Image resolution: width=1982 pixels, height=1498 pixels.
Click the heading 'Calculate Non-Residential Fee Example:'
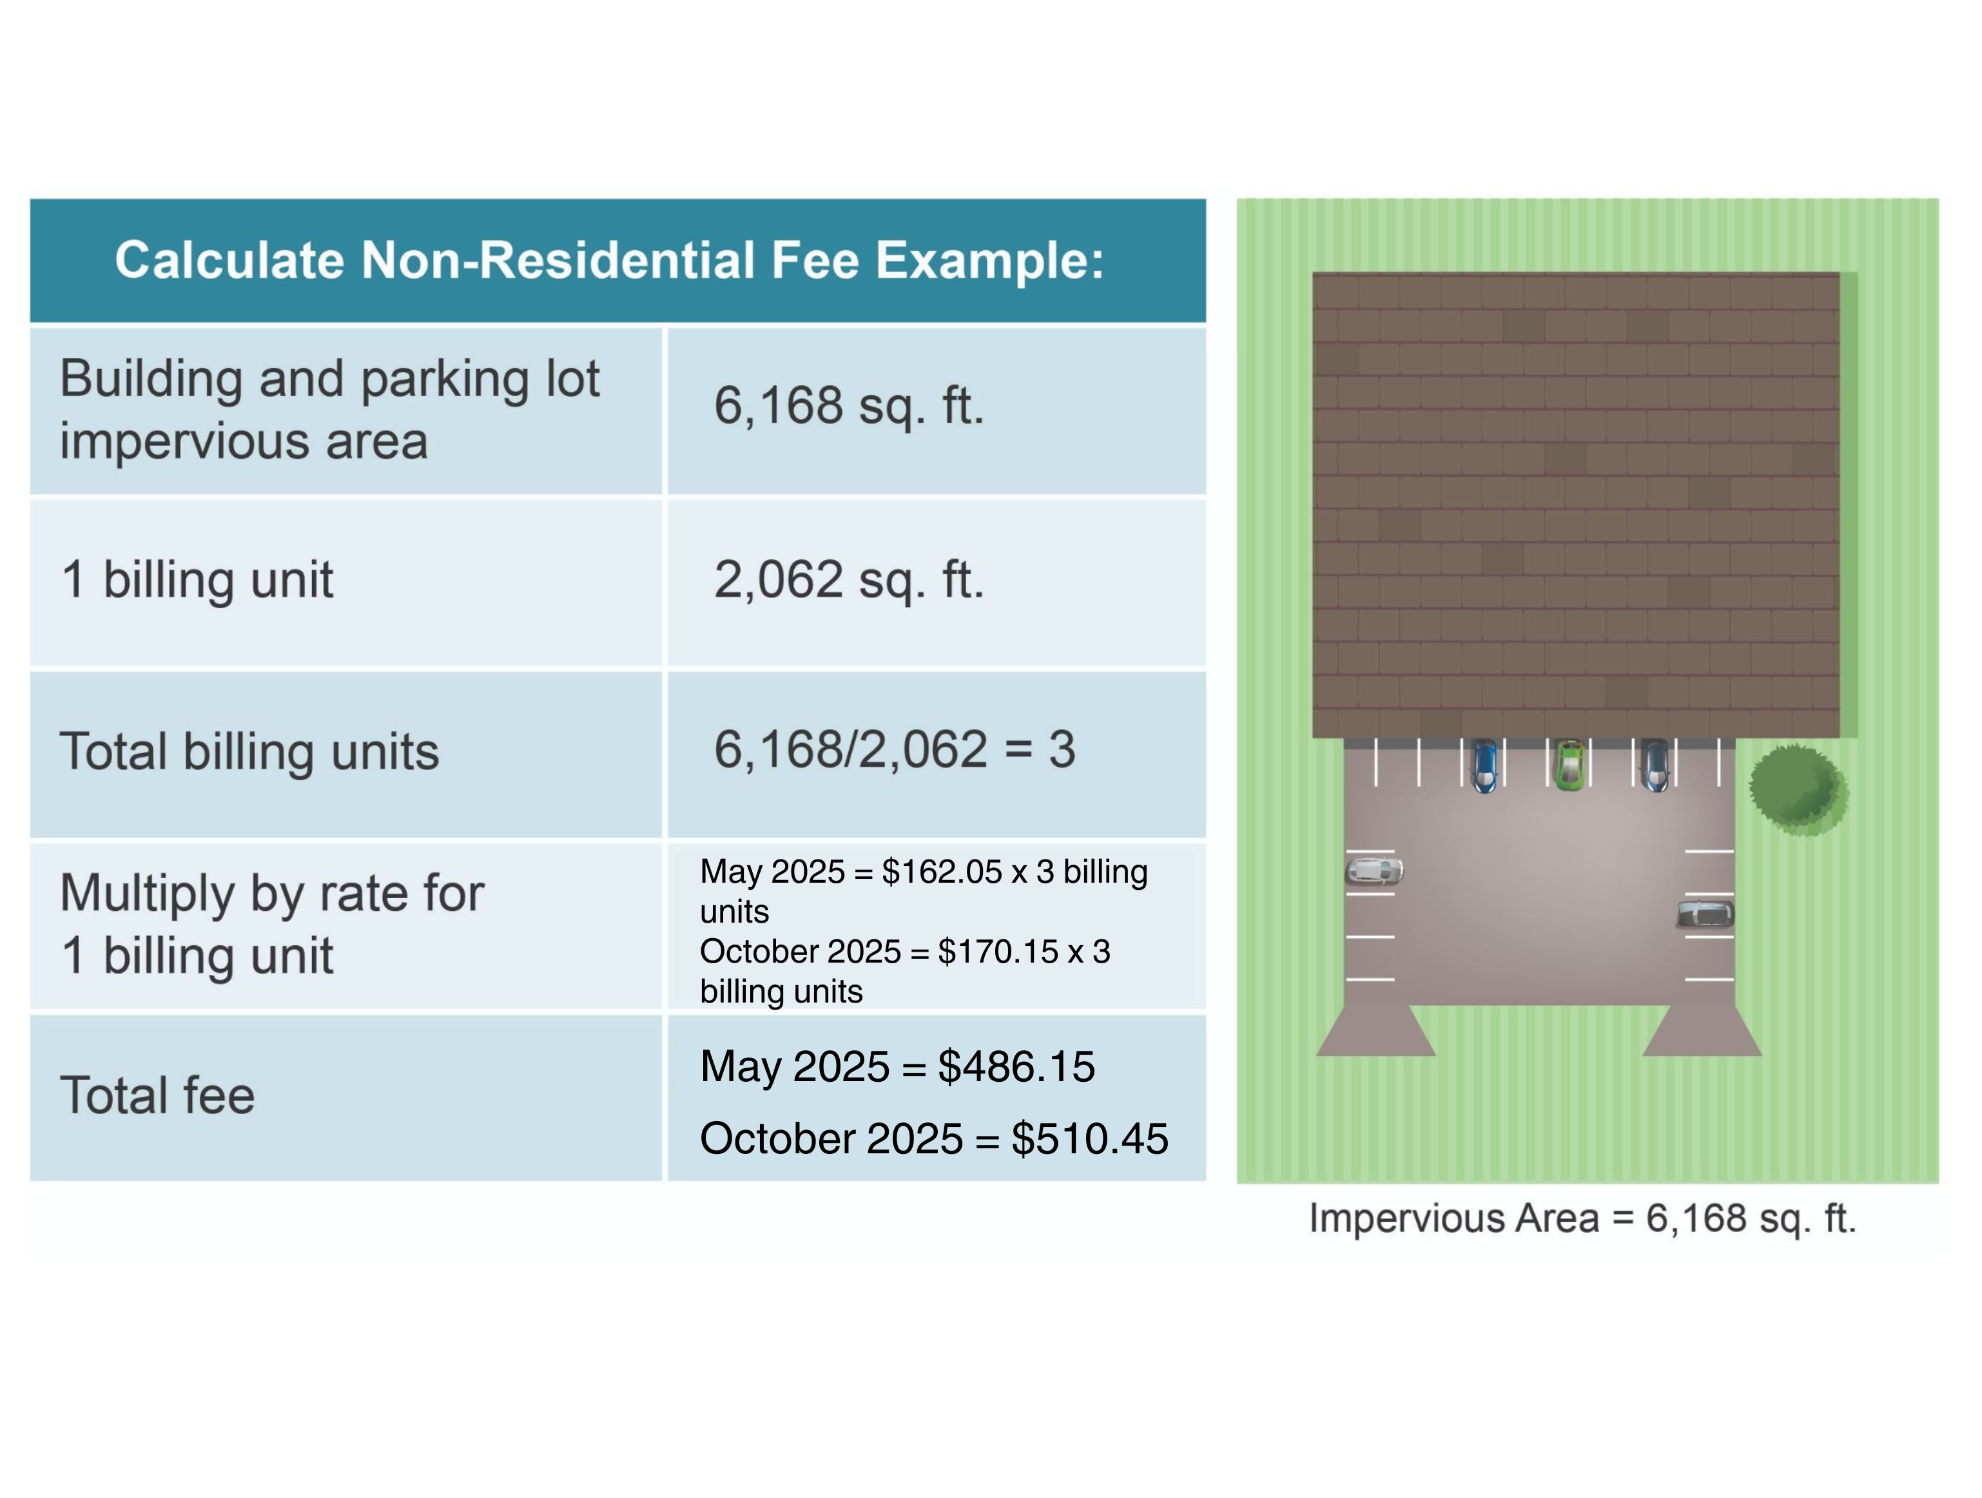(609, 261)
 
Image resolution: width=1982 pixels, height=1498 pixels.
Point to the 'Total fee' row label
(157, 1095)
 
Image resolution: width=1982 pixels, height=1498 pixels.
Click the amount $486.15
(1016, 1066)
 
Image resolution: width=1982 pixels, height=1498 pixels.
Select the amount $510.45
(1089, 1138)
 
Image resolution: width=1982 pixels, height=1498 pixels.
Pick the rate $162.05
(942, 872)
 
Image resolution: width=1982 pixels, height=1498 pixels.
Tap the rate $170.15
(998, 952)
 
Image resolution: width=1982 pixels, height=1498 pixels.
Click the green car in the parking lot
(1568, 765)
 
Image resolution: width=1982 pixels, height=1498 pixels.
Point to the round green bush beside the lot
(1798, 790)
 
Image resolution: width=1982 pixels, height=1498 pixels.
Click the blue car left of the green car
(1484, 765)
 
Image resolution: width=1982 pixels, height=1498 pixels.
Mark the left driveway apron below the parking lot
(1376, 1030)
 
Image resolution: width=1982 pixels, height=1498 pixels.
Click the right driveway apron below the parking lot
(1702, 1030)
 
